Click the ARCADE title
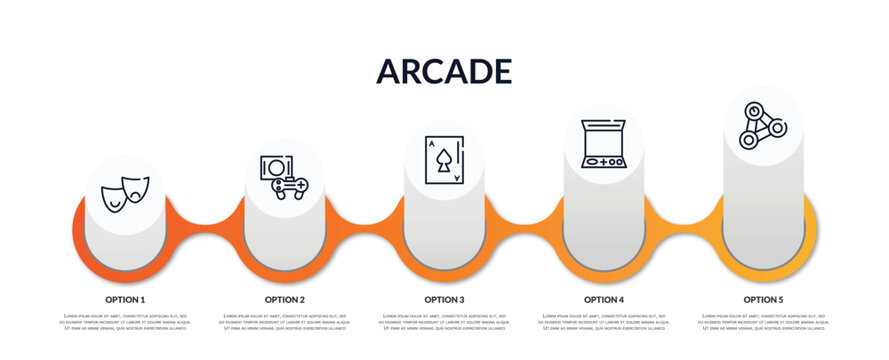[444, 71]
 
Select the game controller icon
[284, 177]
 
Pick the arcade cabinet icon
[603, 143]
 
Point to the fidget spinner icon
[762, 126]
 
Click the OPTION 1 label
[125, 299]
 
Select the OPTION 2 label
[285, 299]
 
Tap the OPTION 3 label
[444, 299]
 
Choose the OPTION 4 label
[604, 299]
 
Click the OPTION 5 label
[763, 299]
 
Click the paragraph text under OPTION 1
[125, 321]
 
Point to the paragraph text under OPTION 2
[285, 321]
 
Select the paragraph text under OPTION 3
[444, 321]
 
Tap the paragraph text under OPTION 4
[604, 321]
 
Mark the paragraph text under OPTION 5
[763, 321]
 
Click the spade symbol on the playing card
[444, 160]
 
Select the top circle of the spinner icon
[755, 111]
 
